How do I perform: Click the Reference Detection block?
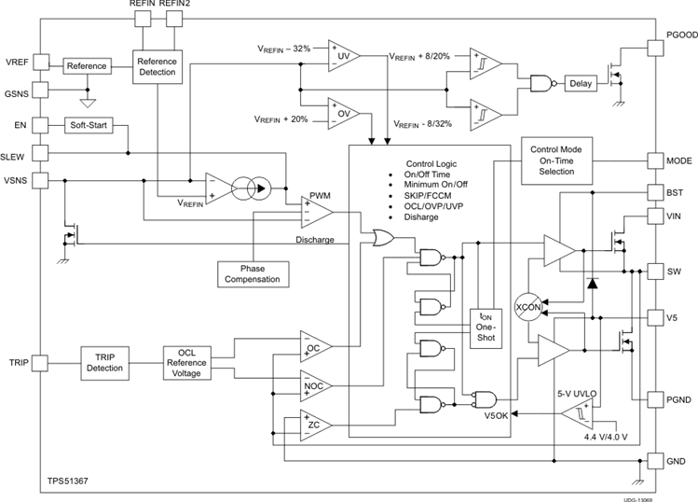(157, 66)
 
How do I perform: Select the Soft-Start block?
(89, 125)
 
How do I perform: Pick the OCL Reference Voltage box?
(188, 363)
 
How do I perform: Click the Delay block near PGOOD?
(580, 84)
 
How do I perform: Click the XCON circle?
(529, 307)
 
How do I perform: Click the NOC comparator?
(314, 384)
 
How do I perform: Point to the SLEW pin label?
(17, 155)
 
